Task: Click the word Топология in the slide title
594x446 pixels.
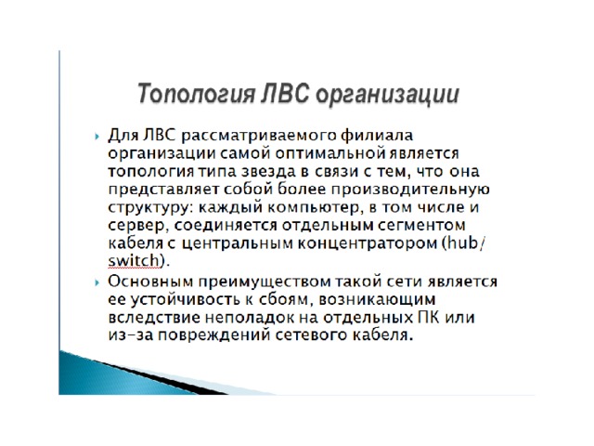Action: [196, 94]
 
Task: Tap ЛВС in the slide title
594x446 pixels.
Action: [286, 93]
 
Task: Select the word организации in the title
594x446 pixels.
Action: [388, 95]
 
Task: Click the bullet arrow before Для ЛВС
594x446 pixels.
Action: [97, 137]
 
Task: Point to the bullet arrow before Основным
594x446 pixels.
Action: [97, 282]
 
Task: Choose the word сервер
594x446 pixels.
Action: [136, 226]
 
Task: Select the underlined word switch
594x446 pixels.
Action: [134, 261]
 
